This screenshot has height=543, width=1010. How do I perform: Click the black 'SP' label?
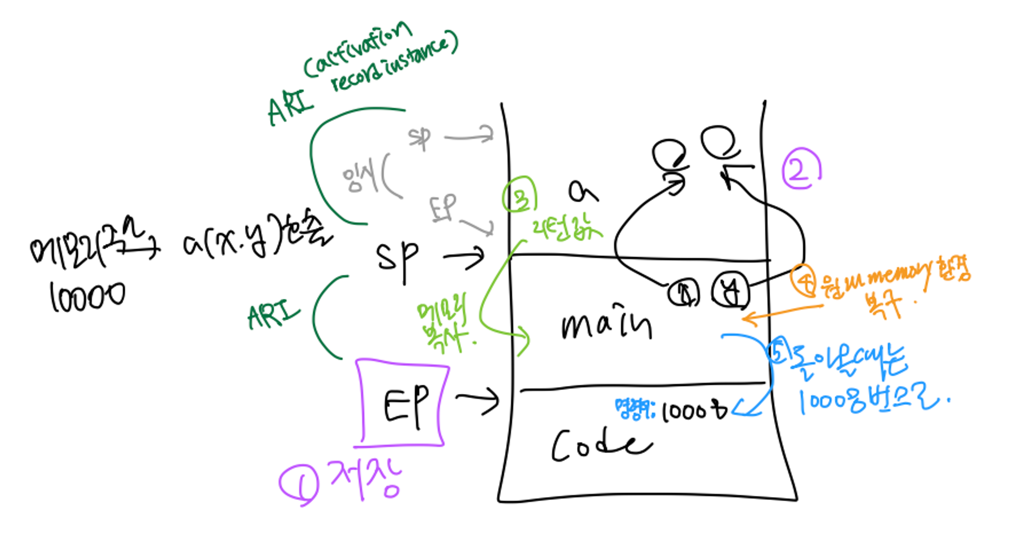tap(397, 258)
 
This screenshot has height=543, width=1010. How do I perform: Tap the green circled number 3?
tap(520, 195)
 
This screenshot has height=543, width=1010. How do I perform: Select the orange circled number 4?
tap(804, 281)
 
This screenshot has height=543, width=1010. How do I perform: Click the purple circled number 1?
tap(299, 484)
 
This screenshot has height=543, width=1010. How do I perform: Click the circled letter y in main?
tap(730, 291)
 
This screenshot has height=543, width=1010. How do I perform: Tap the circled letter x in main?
tap(683, 292)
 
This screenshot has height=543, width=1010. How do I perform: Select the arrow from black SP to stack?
tap(464, 258)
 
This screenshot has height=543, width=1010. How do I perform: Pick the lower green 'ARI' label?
tap(273, 314)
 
